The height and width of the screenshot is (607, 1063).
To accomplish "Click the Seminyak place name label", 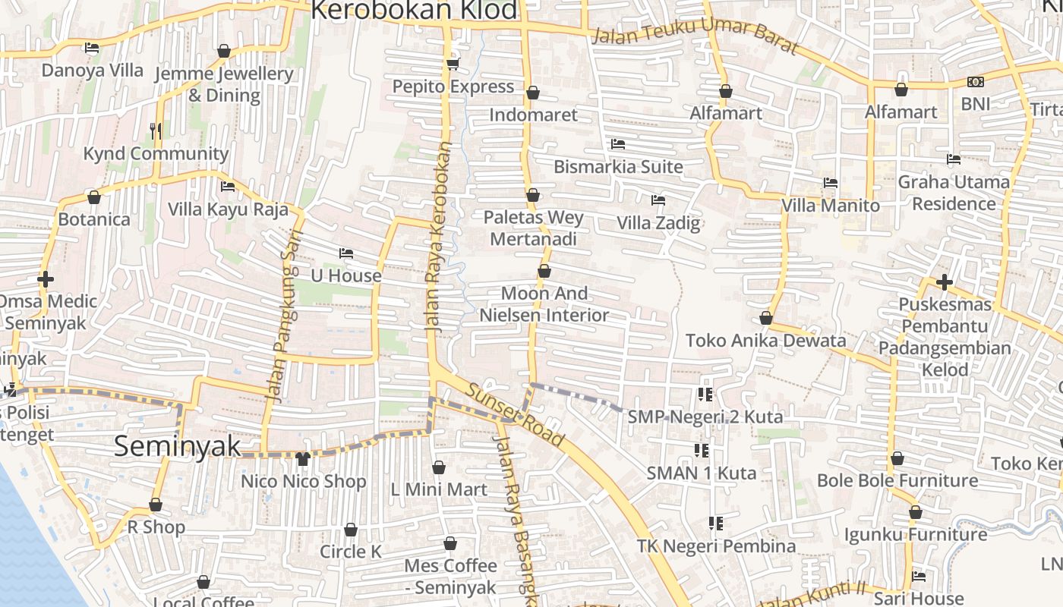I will coord(177,446).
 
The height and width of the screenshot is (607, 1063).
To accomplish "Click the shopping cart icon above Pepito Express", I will coord(453,64).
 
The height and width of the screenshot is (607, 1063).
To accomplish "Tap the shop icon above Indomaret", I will coord(533,93).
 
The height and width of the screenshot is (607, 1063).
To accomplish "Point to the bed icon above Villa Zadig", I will coord(658,200).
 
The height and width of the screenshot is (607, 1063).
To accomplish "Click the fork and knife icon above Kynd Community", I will coord(156,131).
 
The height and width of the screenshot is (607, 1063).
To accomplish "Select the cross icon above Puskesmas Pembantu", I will coord(945,282).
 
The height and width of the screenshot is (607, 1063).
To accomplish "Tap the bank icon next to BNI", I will coord(976,81).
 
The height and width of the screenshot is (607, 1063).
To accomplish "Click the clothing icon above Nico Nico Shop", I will coord(303,458).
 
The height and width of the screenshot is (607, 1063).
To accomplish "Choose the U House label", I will coord(346,275).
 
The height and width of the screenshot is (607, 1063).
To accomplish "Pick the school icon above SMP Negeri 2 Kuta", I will coord(705,395).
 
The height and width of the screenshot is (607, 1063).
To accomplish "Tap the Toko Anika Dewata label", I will coord(765,341).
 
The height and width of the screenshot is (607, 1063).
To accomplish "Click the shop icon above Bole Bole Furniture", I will coord(897,458).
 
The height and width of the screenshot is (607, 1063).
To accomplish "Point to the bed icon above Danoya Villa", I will coord(92,48).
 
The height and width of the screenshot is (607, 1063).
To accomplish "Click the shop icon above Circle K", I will coord(351,530).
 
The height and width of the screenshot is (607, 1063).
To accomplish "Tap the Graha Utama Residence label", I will coord(954,193).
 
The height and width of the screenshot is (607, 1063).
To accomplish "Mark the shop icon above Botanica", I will coord(94,197).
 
